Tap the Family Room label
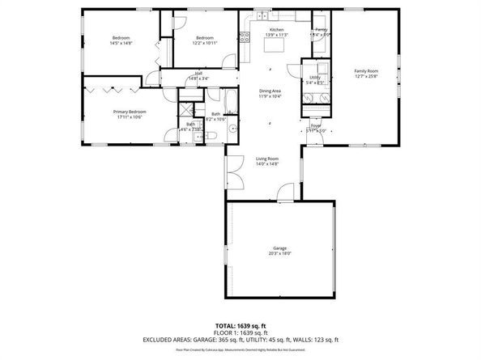point(366,71)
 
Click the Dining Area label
point(270,91)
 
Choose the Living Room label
point(267,159)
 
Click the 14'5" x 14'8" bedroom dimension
point(121,44)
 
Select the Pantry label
point(321,30)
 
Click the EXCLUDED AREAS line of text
point(240,339)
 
